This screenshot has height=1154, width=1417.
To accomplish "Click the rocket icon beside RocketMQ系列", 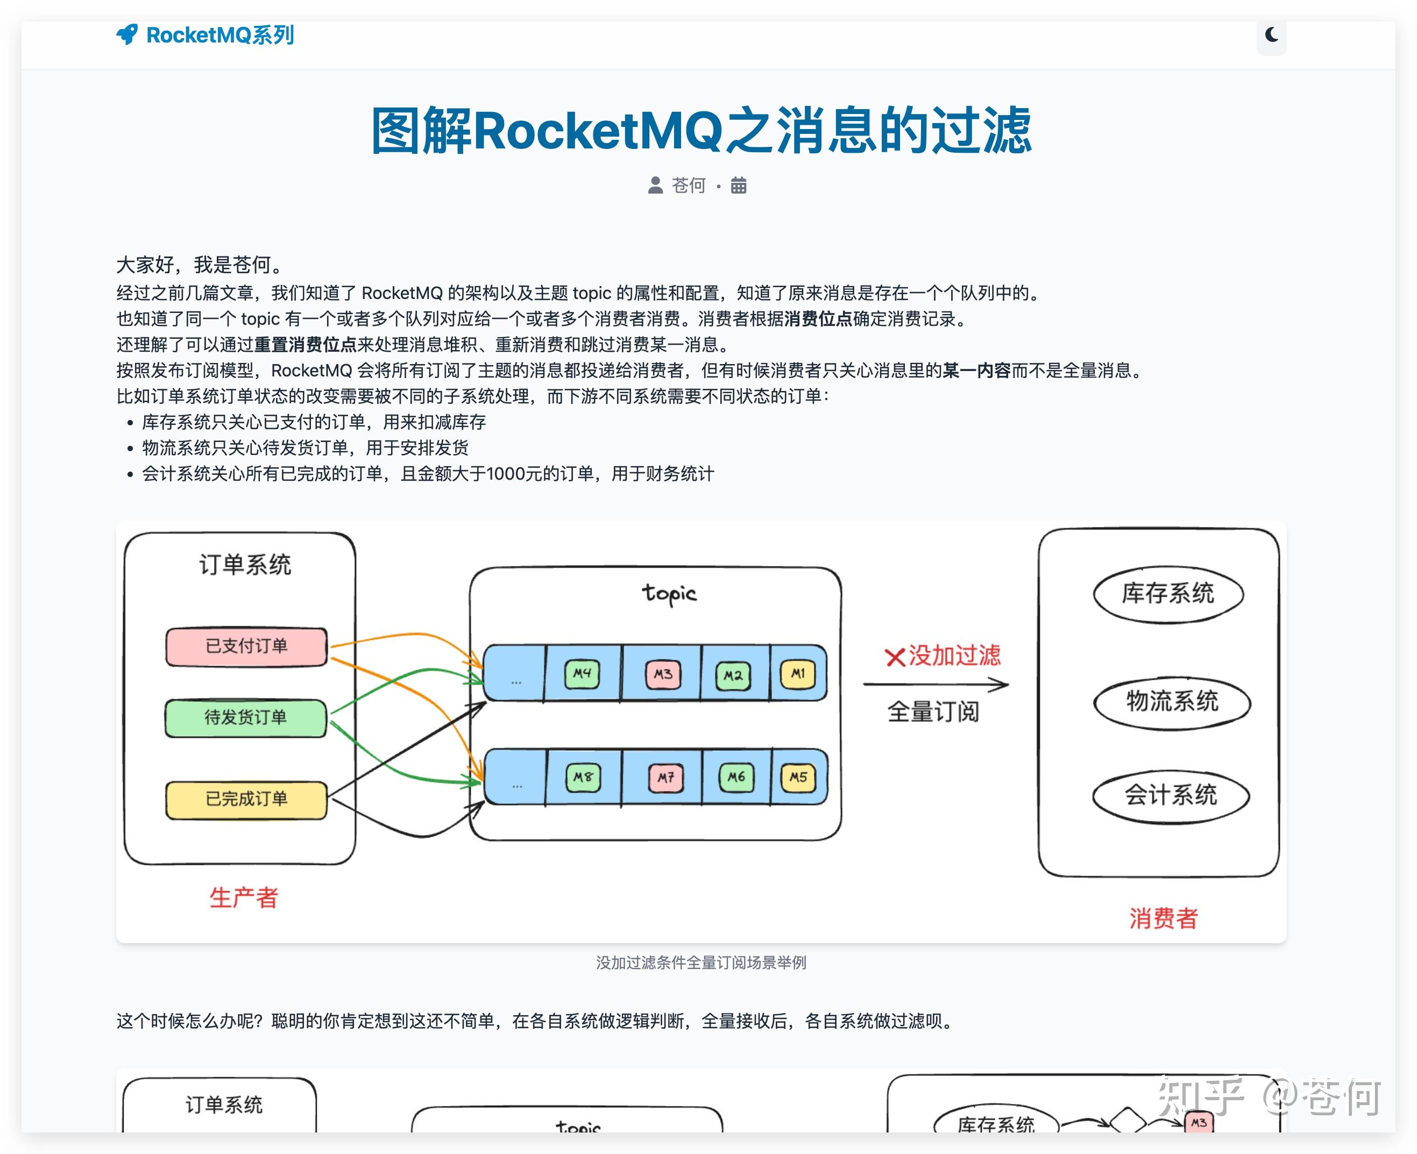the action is coord(127,34).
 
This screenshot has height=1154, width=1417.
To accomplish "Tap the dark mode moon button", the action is coord(1271,34).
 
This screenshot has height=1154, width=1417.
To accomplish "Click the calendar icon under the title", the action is coord(738,185).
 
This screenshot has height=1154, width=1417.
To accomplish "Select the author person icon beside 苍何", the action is coord(655,185).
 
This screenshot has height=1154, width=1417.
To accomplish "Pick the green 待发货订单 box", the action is coord(246,718).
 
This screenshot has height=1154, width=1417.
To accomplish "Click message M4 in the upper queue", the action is coord(582,674).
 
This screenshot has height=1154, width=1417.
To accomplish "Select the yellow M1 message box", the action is coord(797,674).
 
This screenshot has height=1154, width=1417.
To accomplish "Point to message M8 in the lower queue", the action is coord(583,777).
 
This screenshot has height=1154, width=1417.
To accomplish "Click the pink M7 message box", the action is coord(665,777).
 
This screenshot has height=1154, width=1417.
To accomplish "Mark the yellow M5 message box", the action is coord(798,777).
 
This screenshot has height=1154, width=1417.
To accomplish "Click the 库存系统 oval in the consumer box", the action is coord(1168,594).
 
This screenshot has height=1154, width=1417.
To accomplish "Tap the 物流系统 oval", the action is coord(1172,702).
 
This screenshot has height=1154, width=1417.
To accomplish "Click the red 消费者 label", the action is coord(1163,918).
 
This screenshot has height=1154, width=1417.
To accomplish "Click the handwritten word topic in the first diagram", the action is coord(669,594).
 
